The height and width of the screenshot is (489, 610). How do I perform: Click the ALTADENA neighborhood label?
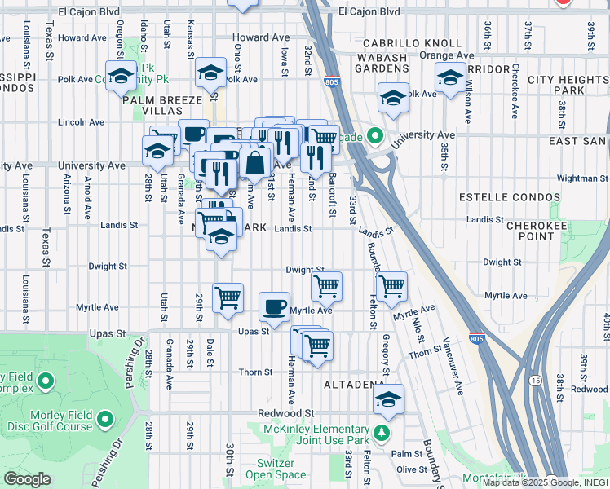[x=354, y=383]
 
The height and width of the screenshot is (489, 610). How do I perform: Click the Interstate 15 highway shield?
[x=534, y=380]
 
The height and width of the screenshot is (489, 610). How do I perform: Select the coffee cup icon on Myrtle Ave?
[x=274, y=306]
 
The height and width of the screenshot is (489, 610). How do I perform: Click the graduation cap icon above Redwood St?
[x=389, y=399]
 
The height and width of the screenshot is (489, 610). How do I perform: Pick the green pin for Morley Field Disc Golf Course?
[x=104, y=420]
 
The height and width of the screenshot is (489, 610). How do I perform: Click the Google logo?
[x=27, y=479]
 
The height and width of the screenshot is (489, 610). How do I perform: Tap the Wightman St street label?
[x=578, y=178]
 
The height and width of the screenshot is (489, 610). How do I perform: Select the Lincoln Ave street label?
[x=82, y=122]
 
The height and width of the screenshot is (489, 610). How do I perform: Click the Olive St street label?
[x=411, y=469]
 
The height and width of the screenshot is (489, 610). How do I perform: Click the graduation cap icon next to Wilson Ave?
[x=450, y=78]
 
